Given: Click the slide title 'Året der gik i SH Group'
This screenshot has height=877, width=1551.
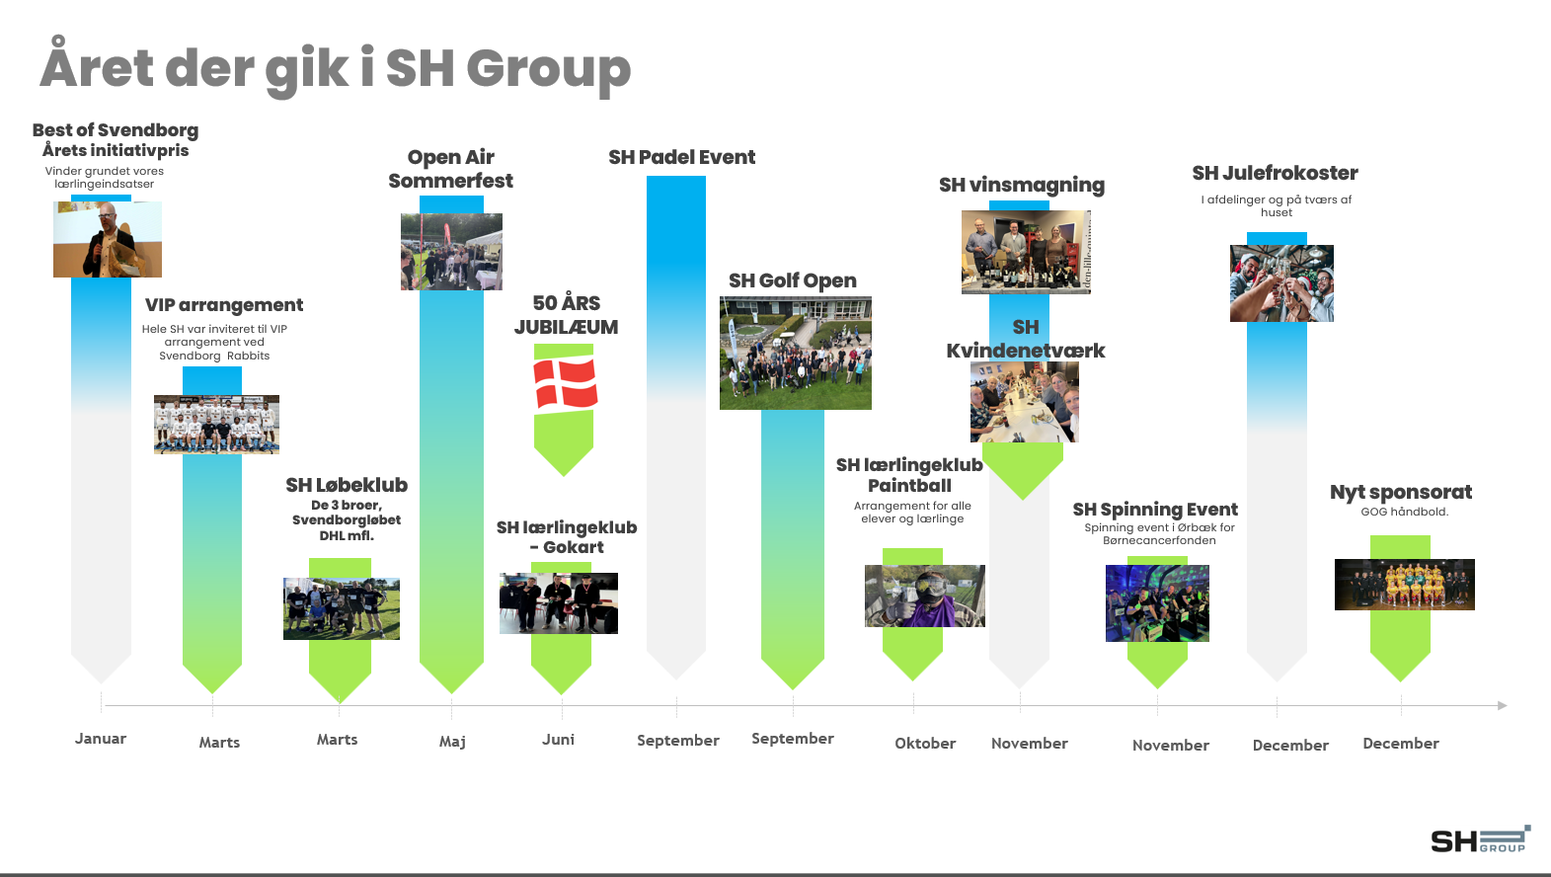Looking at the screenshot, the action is coord(335,67).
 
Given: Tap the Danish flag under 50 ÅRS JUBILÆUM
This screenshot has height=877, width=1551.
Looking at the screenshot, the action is coord(565,382).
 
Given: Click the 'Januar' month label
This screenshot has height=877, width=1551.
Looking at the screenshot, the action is coord(101,739).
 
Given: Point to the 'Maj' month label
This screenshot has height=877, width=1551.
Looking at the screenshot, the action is coord(452,742).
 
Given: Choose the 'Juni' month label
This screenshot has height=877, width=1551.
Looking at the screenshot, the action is coord(558,739).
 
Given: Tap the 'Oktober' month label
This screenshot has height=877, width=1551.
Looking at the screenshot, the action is coord(925,744).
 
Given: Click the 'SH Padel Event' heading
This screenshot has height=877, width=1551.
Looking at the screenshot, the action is coord(682,157).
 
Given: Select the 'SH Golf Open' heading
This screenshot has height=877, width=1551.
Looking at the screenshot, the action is coord(793,280).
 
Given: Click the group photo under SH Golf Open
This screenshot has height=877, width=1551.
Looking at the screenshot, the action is coord(796,354).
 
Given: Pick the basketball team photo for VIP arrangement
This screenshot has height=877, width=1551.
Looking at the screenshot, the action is coord(217,425).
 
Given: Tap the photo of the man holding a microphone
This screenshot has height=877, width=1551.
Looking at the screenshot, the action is coord(108,239).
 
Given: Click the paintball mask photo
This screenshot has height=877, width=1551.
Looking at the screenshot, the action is coord(925,596).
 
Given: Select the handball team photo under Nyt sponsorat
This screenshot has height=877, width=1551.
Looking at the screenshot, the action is coord(1405,585).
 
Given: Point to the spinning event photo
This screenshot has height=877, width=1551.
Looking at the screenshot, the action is coord(1158,603).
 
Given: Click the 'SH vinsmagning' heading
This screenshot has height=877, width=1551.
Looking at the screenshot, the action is coord(1022,185).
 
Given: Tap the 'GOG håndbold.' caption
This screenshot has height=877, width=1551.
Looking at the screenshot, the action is coord(1405,512).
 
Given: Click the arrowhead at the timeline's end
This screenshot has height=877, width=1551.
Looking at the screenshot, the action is coord(1503,706).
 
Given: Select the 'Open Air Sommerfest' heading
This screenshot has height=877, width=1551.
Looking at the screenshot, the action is coord(451,169).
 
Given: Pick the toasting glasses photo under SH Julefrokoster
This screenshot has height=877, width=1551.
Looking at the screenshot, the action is coord(1281,283).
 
